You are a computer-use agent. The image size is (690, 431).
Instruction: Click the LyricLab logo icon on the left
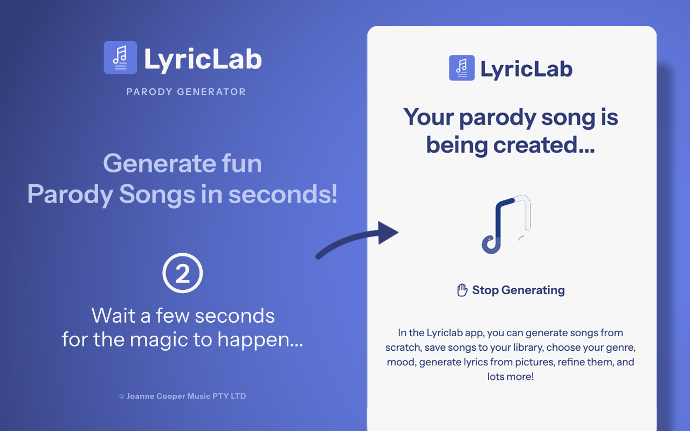pos(120,58)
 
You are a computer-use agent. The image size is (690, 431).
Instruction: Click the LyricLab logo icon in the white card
pos(461,68)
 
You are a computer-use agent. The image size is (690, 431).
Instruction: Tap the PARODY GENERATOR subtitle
pos(186,92)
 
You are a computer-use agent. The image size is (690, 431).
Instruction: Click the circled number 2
pos(183,274)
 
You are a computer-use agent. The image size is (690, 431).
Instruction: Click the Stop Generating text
pos(518,290)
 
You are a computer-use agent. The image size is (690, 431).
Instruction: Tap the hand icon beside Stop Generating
pos(462,290)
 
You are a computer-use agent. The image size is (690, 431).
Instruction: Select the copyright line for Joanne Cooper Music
pos(183,396)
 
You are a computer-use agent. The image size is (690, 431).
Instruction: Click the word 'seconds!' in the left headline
pos(284,194)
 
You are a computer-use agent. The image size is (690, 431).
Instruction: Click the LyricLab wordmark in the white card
pos(526,69)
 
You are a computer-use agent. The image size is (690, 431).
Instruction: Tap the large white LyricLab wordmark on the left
pos(203,59)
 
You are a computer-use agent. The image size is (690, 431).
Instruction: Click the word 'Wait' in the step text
pos(113,315)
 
